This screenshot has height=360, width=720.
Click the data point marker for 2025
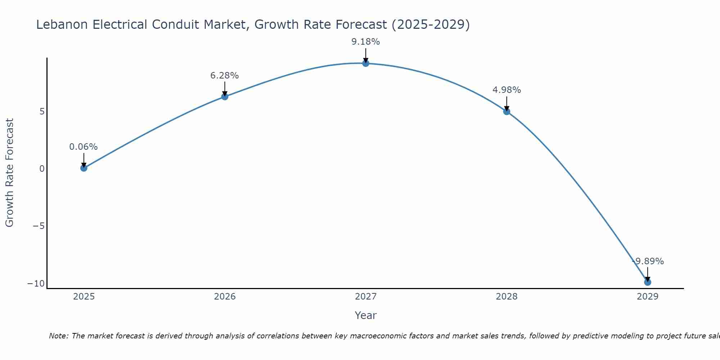click(x=84, y=168)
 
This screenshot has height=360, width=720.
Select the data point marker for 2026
click(x=225, y=96)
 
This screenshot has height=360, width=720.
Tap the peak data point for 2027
click(x=366, y=63)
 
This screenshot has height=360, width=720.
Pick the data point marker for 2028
click(x=507, y=112)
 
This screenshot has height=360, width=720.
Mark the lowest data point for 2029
click(x=648, y=282)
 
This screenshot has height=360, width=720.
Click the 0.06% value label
click(x=84, y=147)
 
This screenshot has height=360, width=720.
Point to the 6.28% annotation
click(x=225, y=76)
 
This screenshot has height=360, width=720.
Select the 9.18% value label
click(x=366, y=42)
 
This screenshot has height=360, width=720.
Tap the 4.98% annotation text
click(x=507, y=90)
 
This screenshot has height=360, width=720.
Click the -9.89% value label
click(x=648, y=261)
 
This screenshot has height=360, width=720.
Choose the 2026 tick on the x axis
click(x=225, y=297)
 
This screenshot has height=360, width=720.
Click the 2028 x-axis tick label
click(x=507, y=297)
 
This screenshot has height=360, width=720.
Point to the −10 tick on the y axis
click(x=36, y=284)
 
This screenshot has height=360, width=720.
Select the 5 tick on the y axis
click(x=42, y=112)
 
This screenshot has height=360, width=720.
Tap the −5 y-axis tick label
click(x=39, y=226)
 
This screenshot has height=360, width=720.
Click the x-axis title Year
click(x=365, y=315)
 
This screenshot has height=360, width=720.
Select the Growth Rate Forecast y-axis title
click(x=9, y=173)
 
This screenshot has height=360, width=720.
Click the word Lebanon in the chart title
click(x=62, y=24)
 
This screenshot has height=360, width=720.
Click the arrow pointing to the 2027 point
click(x=366, y=56)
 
